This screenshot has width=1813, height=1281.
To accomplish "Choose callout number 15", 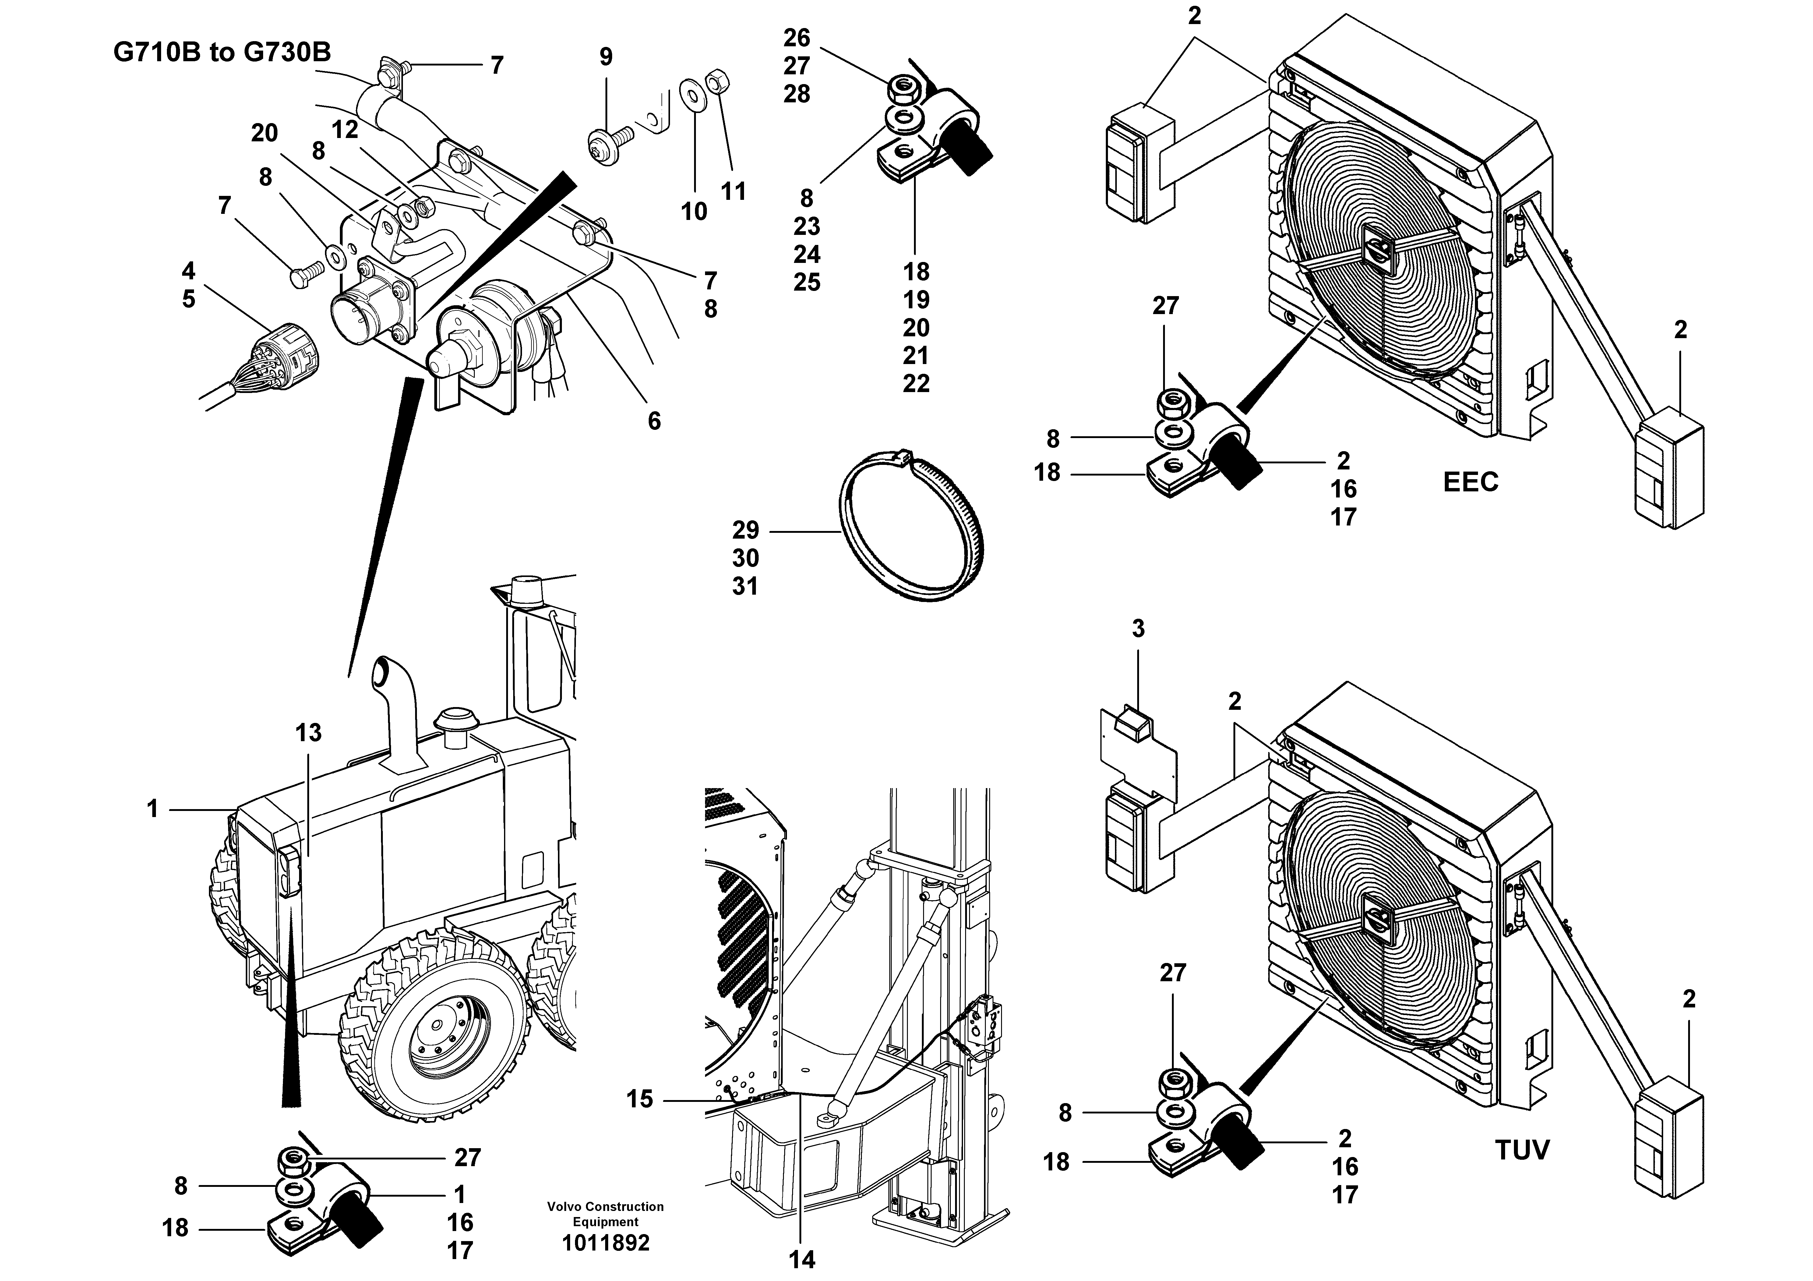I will point(640,1099).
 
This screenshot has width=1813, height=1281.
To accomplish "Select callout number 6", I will point(654,421).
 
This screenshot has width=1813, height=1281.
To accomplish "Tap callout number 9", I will point(606,57).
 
